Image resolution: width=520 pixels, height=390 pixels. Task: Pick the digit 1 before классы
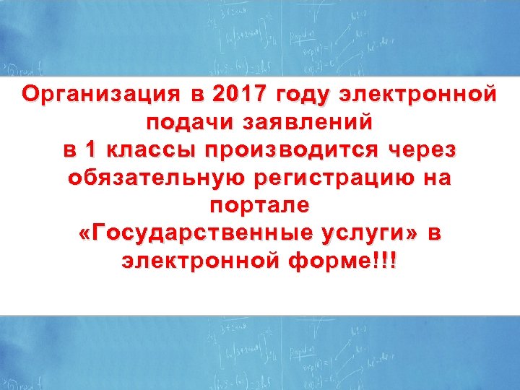pos(90,150)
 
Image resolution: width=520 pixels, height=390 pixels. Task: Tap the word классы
pos(150,150)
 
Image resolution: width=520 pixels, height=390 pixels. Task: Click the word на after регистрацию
pos(437,178)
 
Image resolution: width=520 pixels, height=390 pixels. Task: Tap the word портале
pos(259,207)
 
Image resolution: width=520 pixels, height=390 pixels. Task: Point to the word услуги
pos(370,235)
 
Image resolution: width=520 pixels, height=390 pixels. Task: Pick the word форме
pos(327,261)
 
